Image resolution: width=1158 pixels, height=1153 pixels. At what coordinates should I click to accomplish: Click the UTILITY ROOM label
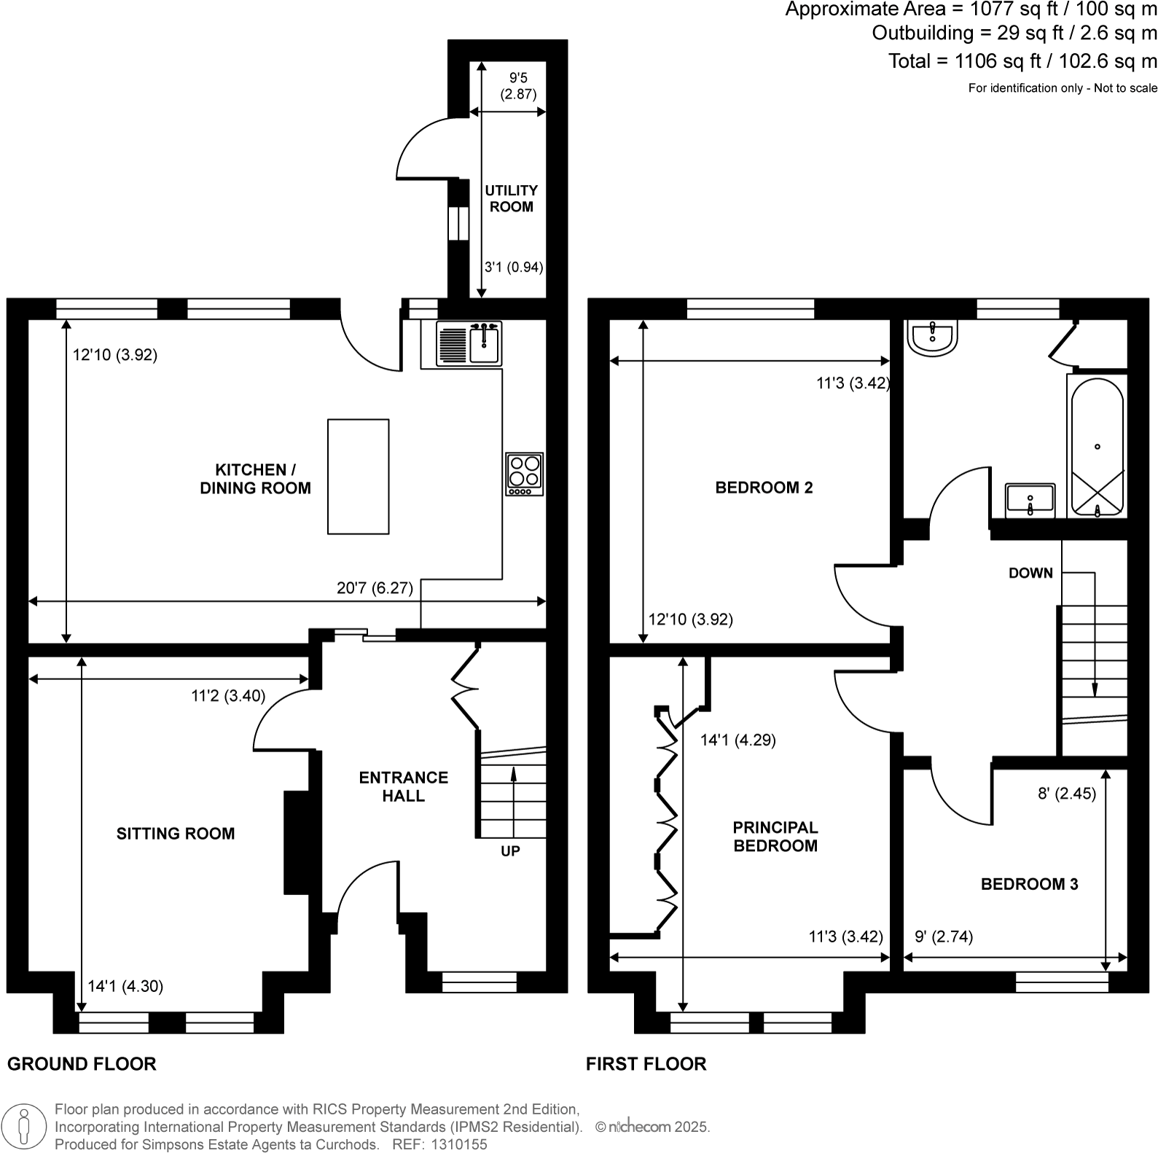pos(511,198)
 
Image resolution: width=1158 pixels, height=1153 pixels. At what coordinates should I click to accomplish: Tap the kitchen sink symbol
pos(469,343)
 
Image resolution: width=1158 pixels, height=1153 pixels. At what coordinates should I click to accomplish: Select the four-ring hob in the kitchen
pos(525,474)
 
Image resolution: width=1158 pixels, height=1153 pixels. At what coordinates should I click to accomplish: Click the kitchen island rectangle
pos(358,477)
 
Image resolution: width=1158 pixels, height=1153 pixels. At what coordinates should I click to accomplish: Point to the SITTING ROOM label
pos(176,834)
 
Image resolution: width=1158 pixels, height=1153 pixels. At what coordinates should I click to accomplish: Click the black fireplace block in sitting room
pos(296,843)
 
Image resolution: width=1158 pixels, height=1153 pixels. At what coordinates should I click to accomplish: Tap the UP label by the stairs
pos(510,851)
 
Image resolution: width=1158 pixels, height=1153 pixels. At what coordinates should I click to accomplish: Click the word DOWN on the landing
pos(1030,573)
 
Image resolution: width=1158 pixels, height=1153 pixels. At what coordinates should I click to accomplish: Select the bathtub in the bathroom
pos(1097,446)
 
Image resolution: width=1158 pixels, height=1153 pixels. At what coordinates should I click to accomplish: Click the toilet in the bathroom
pos(932,339)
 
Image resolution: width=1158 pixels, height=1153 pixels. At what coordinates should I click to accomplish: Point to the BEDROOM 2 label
pos(764,488)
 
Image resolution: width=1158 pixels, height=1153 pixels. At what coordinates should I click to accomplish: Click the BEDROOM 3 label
pos(1029,884)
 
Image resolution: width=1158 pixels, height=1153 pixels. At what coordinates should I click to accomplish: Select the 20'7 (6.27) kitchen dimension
pos(375,587)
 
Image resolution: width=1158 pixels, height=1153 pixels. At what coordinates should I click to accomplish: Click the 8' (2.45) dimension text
pos(1066,794)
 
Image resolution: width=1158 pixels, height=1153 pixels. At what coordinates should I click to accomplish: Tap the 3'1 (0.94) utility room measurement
pos(514,267)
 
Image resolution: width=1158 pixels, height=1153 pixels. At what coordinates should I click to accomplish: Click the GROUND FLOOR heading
pos(82,1064)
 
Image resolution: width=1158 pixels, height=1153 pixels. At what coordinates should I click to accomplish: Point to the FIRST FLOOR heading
pos(646,1064)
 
